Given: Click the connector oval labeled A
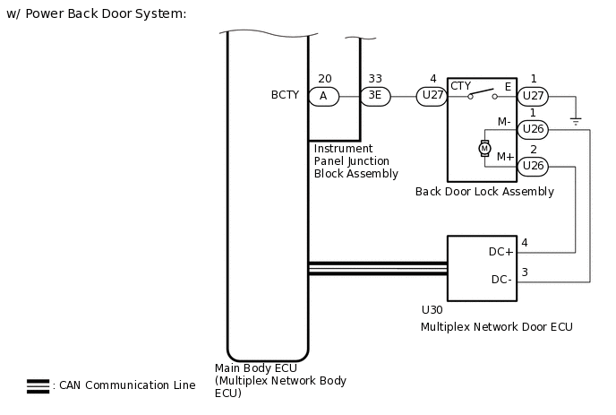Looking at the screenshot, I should [x=323, y=96].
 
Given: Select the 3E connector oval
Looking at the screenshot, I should [x=375, y=96].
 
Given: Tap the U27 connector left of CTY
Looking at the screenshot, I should [x=432, y=96].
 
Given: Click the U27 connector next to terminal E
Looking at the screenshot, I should [x=533, y=96].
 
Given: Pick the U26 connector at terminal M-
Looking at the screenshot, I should [x=533, y=129].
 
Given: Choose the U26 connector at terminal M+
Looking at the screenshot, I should [x=533, y=165].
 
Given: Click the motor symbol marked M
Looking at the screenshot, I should [x=484, y=148].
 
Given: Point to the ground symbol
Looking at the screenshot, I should [x=575, y=118].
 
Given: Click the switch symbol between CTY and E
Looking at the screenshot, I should [x=483, y=94].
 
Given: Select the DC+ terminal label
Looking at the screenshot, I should [x=501, y=252].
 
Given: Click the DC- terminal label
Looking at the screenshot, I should [x=501, y=280].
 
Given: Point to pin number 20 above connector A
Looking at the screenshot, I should [x=323, y=79].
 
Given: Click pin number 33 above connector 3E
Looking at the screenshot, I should [x=375, y=79].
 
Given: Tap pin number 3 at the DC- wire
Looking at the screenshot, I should [x=525, y=272].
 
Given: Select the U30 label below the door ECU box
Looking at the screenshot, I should [x=432, y=310].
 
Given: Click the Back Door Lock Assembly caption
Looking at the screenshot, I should [x=484, y=192].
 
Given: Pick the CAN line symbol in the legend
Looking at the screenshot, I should [x=38, y=386].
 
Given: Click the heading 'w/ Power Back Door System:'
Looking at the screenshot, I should [x=96, y=14].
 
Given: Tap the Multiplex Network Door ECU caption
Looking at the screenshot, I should [x=496, y=328].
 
